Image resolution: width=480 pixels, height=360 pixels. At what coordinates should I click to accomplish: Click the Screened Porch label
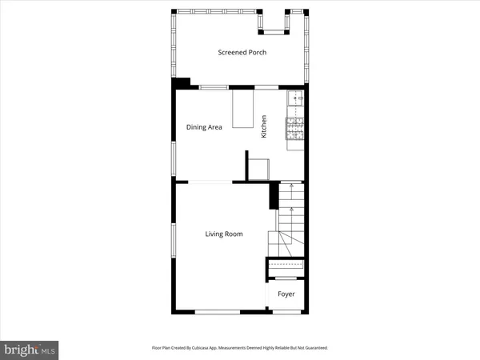[242, 53]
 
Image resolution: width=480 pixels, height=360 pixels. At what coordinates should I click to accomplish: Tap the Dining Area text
[204, 127]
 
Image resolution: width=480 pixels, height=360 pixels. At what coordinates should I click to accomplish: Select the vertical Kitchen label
[262, 127]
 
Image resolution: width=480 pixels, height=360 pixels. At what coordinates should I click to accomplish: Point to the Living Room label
[223, 234]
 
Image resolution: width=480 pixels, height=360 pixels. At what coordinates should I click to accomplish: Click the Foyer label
[286, 294]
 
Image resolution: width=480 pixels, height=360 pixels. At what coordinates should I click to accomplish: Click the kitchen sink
[295, 100]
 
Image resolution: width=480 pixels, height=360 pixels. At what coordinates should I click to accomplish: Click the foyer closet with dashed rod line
[286, 266]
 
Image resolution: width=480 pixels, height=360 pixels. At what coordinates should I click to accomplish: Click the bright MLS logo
[30, 349]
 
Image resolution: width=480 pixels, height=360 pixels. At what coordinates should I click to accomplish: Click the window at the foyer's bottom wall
[287, 311]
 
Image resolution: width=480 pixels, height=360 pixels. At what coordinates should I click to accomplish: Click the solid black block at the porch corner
[182, 82]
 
